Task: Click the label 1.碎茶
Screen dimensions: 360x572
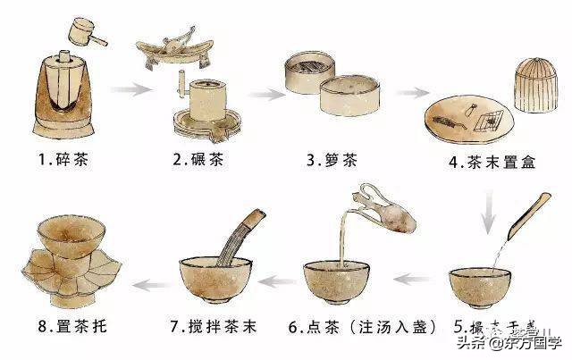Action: tap(64, 161)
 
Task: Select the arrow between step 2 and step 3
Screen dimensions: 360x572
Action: tap(264, 92)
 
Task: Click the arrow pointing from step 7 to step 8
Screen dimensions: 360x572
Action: tap(148, 284)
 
